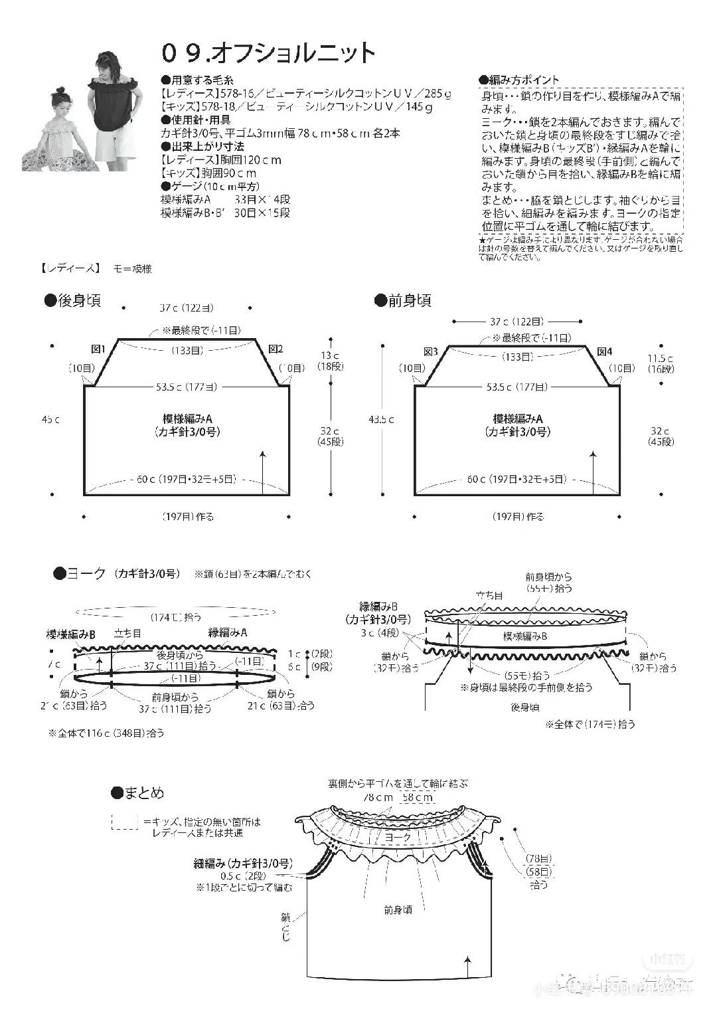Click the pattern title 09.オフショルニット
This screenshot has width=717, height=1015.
coord(268,53)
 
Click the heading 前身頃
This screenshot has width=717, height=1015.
coord(403,301)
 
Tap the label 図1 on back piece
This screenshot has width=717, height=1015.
coord(98,349)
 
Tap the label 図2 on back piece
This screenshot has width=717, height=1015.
coord(276,349)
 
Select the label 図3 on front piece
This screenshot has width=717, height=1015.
coord(430,351)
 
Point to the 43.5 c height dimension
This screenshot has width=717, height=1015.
coord(381,419)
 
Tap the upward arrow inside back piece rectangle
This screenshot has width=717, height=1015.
coord(264,472)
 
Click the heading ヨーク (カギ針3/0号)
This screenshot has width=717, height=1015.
coord(116,573)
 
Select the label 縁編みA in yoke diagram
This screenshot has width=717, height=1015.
coord(228,633)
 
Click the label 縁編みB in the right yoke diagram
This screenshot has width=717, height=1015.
coord(378,606)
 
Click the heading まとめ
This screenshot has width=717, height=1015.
coord(137,792)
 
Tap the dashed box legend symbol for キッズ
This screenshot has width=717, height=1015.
coord(124,822)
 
